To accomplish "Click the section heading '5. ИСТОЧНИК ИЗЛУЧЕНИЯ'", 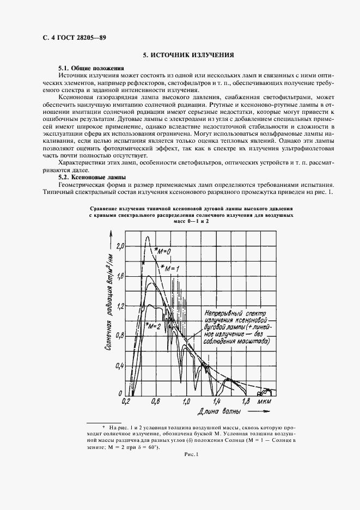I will point(188,55).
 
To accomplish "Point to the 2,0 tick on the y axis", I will point(120,246).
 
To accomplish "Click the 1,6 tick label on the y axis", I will point(120,277).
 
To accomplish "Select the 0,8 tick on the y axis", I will point(120,335).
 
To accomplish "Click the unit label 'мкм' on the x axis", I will point(264,402).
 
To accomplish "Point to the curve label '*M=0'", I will point(163,251).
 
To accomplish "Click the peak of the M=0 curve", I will point(146,236).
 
